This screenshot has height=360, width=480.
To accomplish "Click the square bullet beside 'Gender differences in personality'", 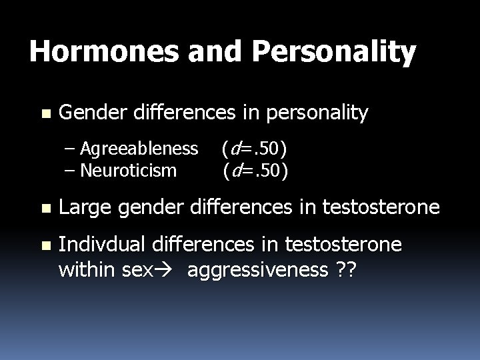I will click(x=45, y=113).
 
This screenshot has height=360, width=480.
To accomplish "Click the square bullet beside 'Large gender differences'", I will click(x=45, y=209).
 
